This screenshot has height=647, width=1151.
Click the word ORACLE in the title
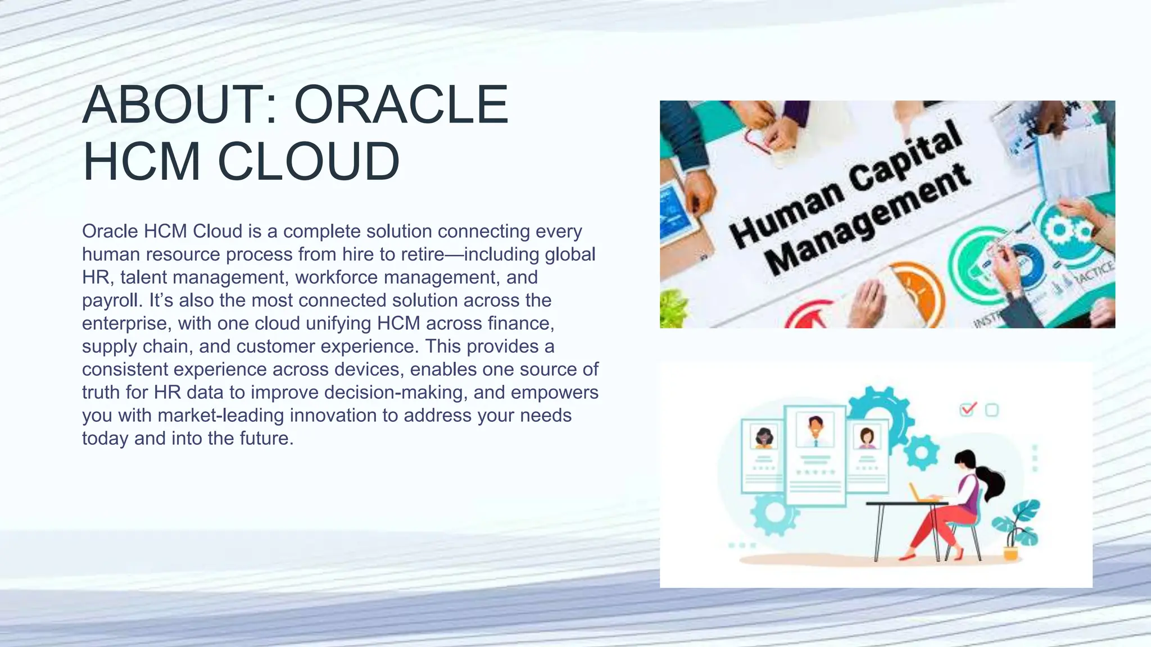pos(401,105)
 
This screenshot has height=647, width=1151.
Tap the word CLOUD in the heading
pos(309,162)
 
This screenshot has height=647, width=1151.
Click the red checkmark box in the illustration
pos(967,409)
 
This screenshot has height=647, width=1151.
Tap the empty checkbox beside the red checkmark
pos(992,410)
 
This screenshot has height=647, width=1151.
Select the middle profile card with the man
pos(815,455)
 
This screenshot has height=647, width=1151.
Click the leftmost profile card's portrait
pos(764,436)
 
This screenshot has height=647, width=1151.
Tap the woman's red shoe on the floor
pos(907,557)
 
